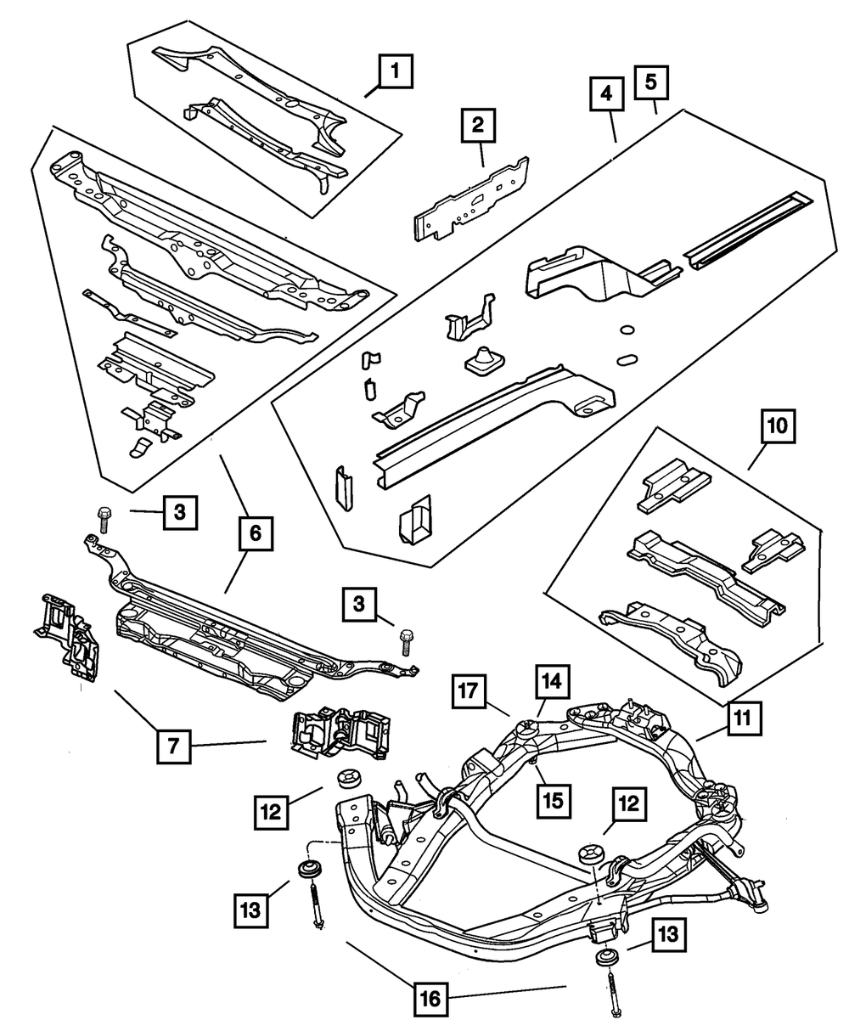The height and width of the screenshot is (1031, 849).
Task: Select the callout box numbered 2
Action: pyautogui.click(x=478, y=126)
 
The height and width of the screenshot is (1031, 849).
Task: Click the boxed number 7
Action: pyautogui.click(x=172, y=747)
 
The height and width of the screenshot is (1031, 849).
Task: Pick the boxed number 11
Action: pyautogui.click(x=743, y=719)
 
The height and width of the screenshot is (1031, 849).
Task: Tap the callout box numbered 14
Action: pyautogui.click(x=551, y=682)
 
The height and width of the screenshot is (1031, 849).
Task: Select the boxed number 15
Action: pyautogui.click(x=551, y=797)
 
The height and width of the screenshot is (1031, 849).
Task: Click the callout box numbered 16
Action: pyautogui.click(x=431, y=998)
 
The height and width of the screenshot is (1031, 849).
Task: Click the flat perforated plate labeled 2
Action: pyautogui.click(x=471, y=200)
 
